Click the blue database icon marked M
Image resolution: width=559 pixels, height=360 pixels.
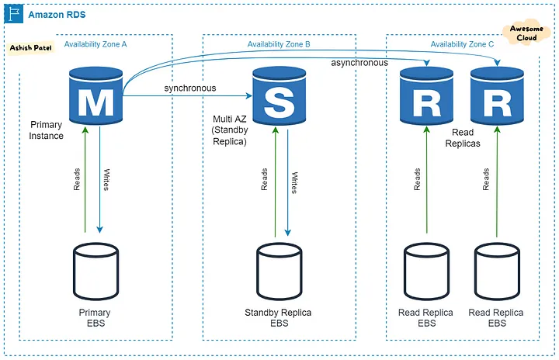tap(96, 95)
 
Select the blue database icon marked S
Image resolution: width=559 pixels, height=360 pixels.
tap(279, 95)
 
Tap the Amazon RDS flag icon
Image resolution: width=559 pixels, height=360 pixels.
tap(14, 14)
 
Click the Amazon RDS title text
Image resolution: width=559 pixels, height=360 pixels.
tap(57, 15)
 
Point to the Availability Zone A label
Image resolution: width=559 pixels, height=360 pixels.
tap(95, 44)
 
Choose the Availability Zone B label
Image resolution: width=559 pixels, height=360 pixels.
tap(279, 44)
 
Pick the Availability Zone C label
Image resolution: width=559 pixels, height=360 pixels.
tap(462, 44)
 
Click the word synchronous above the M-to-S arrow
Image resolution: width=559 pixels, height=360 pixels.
tap(190, 88)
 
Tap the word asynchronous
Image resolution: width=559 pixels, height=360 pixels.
tap(359, 63)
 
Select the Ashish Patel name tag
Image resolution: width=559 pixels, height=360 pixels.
tap(30, 48)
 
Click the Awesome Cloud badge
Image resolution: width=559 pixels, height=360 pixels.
tap(526, 33)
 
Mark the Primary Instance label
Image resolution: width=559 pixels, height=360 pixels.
tap(47, 130)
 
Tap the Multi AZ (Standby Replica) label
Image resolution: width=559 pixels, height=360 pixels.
tap(230, 130)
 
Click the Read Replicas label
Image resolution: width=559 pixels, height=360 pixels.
tap(463, 138)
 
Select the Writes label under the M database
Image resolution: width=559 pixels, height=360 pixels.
tap(106, 180)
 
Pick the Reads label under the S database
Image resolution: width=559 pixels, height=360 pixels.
tap(264, 179)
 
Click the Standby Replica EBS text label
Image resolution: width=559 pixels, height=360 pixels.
tap(278, 318)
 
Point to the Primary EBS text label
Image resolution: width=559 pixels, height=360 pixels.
tap(95, 318)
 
